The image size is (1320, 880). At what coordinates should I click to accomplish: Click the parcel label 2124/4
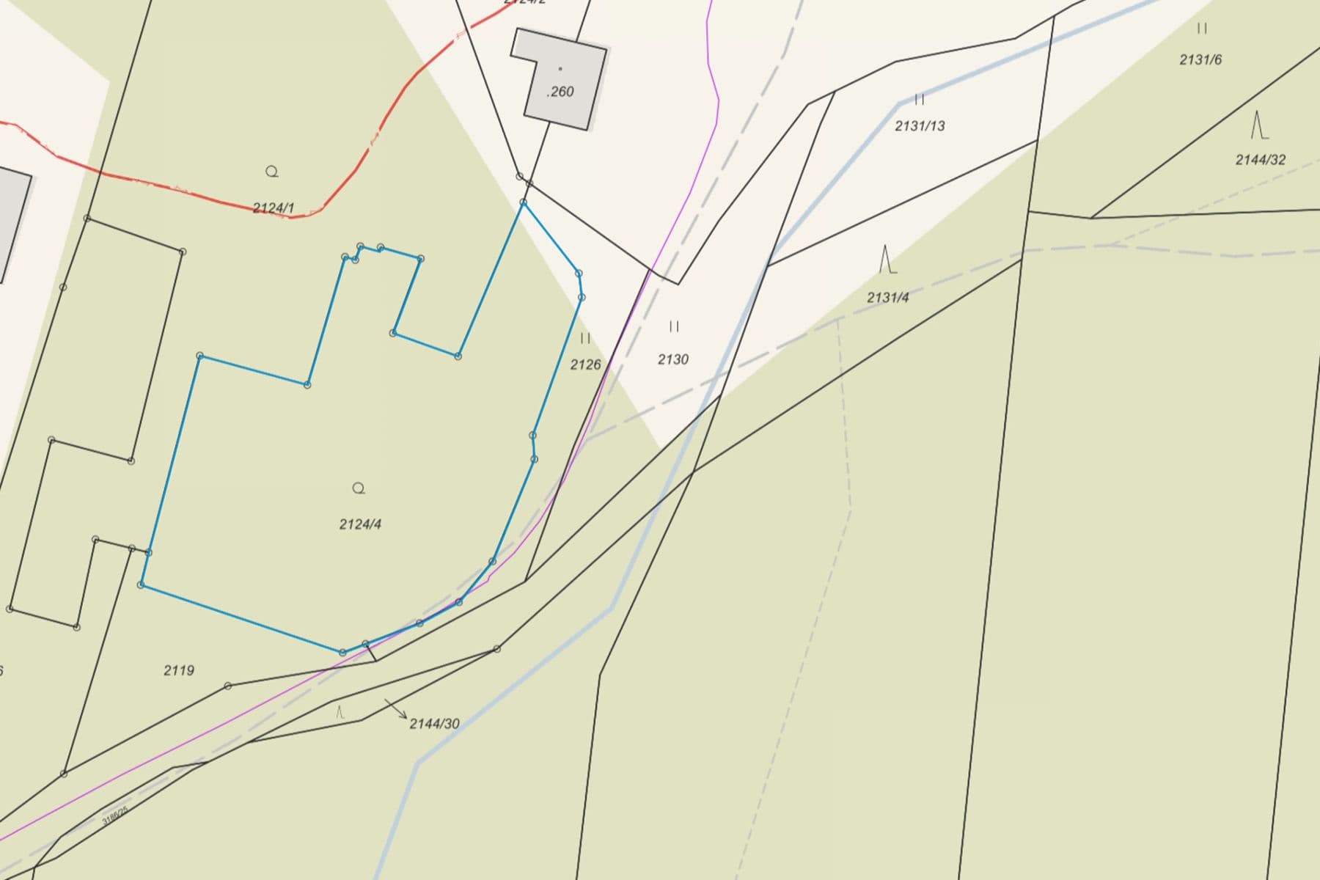[x=360, y=524]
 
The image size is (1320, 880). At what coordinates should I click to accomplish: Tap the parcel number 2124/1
[x=274, y=208]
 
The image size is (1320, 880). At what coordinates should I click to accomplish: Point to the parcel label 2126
[x=585, y=364]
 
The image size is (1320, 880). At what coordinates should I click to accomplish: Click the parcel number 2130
[x=672, y=359]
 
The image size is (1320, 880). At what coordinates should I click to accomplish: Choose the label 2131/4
[x=887, y=298]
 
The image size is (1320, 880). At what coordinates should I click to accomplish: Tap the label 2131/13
[x=920, y=126]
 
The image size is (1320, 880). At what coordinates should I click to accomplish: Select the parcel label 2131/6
[x=1200, y=60]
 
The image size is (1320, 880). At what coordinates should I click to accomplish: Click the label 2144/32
[x=1260, y=160]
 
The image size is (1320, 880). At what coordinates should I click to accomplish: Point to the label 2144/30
[x=434, y=724]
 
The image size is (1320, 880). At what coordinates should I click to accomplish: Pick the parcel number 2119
[x=179, y=670]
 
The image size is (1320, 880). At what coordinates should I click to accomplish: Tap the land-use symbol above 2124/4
[x=359, y=488]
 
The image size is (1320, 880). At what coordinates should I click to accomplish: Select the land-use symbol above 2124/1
[x=272, y=172]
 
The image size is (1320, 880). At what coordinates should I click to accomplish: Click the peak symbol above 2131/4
[x=887, y=260]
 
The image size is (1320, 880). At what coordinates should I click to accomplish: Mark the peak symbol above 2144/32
[x=1259, y=125]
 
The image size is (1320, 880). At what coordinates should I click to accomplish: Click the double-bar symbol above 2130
[x=674, y=326]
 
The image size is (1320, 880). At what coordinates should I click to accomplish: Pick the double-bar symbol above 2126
[x=585, y=338]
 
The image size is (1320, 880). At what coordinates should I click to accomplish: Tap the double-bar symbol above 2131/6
[x=1202, y=29]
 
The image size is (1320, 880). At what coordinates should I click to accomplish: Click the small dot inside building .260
[x=560, y=69]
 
